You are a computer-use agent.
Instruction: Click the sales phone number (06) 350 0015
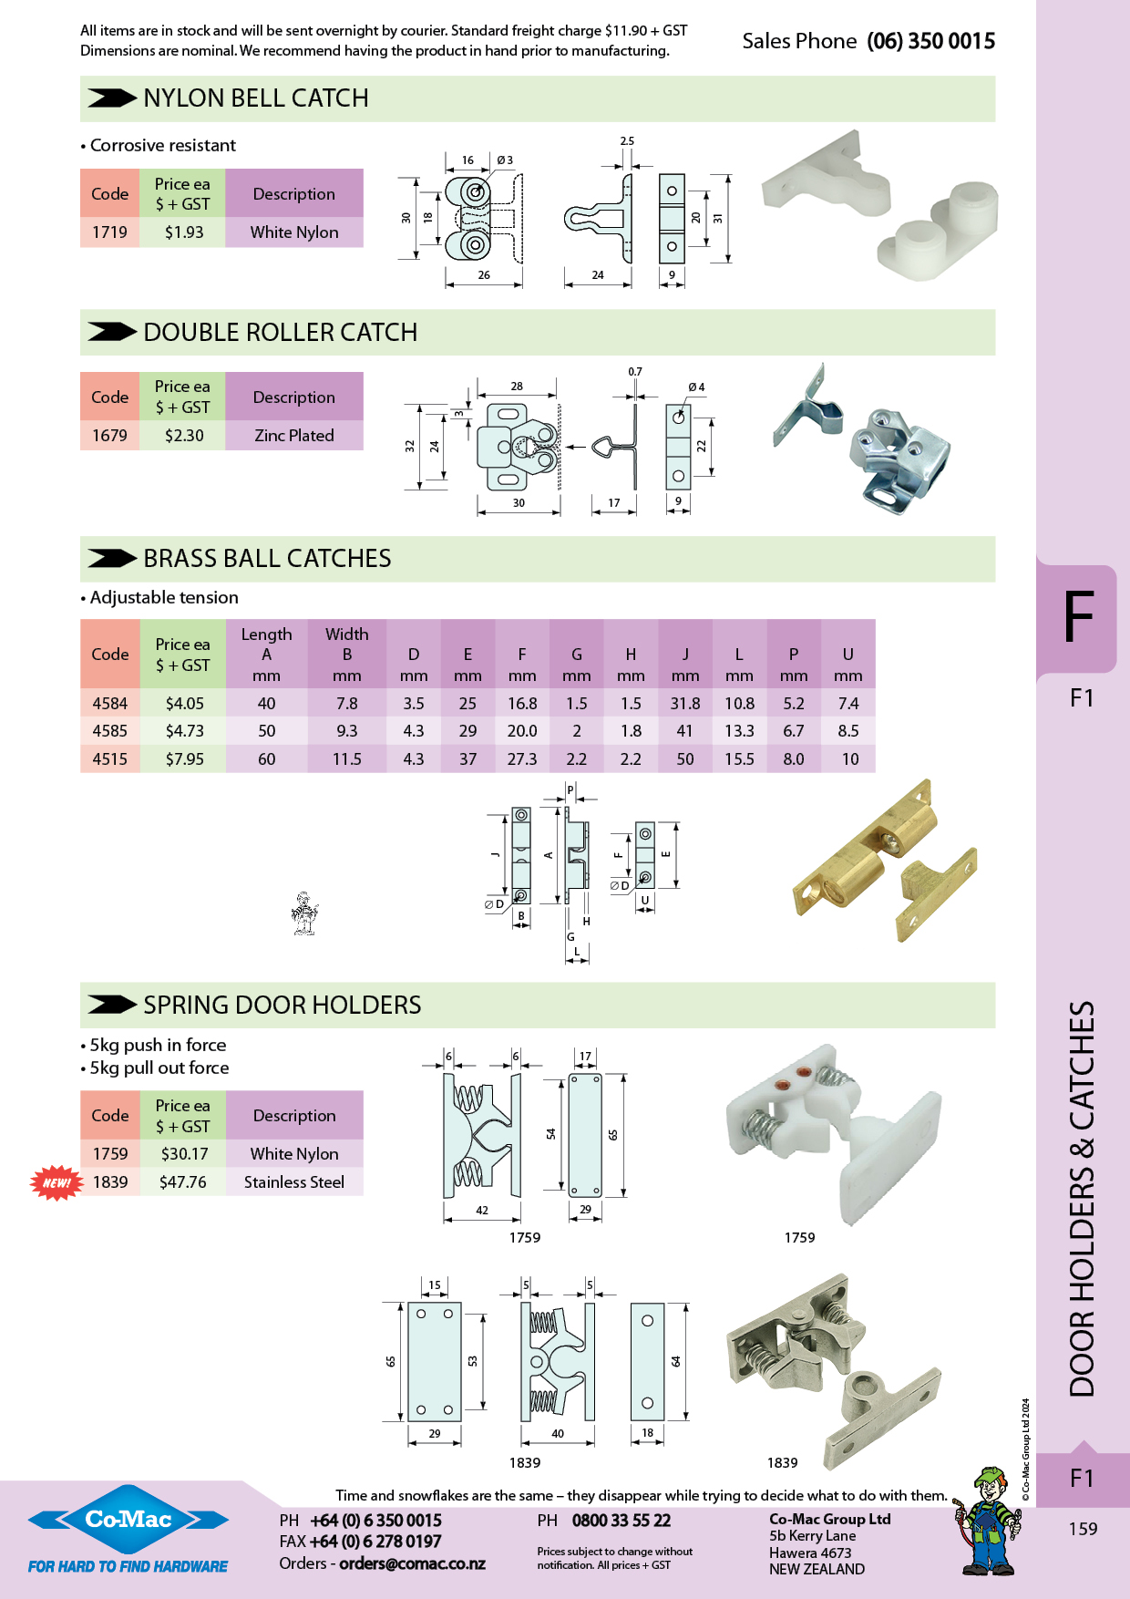[x=930, y=41]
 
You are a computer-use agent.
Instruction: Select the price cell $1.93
[x=184, y=232]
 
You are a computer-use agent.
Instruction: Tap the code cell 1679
[x=110, y=436]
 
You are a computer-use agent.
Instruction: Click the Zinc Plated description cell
[x=294, y=436]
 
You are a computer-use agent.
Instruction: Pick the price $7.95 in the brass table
[x=184, y=759]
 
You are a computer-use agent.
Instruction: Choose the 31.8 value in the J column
[x=685, y=704]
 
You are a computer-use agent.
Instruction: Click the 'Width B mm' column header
[x=347, y=655]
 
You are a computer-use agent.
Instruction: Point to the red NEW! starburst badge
[x=56, y=1182]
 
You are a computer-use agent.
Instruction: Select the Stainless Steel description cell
[x=294, y=1182]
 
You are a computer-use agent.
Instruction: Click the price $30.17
[x=184, y=1154]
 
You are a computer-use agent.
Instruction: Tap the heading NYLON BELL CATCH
[x=256, y=98]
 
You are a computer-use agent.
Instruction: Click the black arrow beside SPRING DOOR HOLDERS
[x=112, y=1005]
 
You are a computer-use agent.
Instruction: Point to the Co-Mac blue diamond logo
[x=128, y=1519]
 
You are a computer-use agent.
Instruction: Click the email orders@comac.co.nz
[x=412, y=1563]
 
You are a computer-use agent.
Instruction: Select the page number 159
[x=1083, y=1529]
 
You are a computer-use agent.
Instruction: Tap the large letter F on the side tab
[x=1079, y=618]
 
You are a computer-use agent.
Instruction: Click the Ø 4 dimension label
[x=696, y=387]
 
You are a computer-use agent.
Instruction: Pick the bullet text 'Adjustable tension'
[x=164, y=598]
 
